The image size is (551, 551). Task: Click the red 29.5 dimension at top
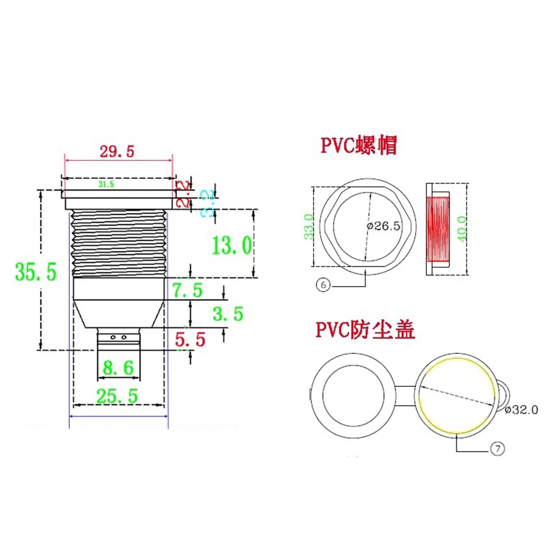pyautogui.click(x=116, y=152)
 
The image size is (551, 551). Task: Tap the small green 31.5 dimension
pyautogui.click(x=106, y=185)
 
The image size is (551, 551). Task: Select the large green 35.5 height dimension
pyautogui.click(x=36, y=272)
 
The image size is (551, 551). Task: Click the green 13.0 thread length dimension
pyautogui.click(x=232, y=244)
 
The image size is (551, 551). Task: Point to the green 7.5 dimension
pyautogui.click(x=187, y=289)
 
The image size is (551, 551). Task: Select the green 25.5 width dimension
pyautogui.click(x=117, y=395)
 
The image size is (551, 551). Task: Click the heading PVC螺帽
pyautogui.click(x=359, y=146)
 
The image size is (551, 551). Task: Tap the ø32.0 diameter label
pyautogui.click(x=520, y=410)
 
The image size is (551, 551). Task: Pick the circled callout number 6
pyautogui.click(x=323, y=285)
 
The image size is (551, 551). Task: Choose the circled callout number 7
pyautogui.click(x=497, y=449)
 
